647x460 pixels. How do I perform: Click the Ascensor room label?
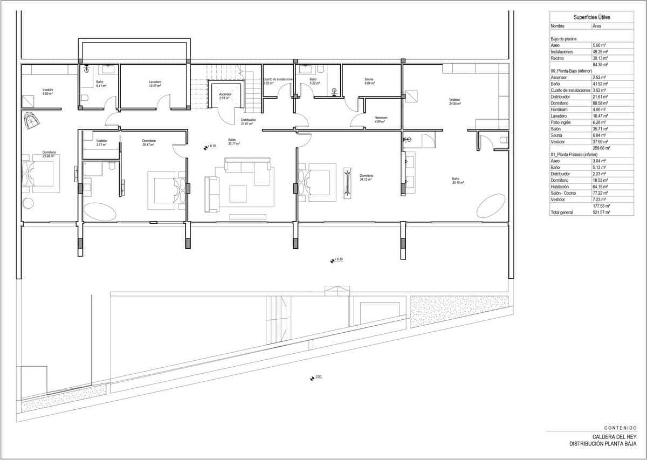coord(225,95)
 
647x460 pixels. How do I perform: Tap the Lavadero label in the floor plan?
coord(155,84)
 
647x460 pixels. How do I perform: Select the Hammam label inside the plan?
coord(381,119)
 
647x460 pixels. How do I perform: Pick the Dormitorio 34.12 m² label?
coord(366,177)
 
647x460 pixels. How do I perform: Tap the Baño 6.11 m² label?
coord(100,84)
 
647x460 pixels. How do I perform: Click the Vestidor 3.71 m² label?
coord(101,142)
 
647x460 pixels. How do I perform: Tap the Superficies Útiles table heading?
coord(591,17)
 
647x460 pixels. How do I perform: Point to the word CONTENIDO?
coord(621,427)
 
